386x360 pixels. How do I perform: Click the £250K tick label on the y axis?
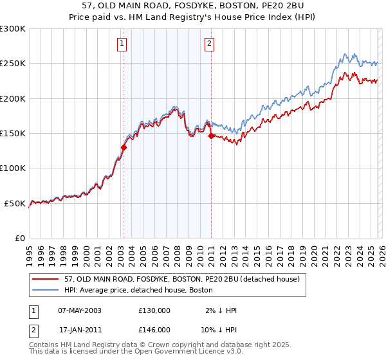tap(13, 64)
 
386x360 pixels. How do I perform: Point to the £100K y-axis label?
tap(13, 168)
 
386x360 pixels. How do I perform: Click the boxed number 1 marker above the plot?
tap(122, 44)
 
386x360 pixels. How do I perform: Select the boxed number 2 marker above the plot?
tap(210, 44)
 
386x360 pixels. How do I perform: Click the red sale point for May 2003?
tap(124, 147)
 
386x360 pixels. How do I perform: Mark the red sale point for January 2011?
tap(211, 136)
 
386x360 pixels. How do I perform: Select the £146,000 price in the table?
tap(154, 329)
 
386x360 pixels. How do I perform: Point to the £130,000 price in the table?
tap(154, 310)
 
